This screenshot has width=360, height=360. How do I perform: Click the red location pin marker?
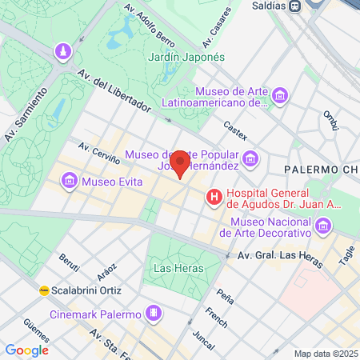click(x=181, y=163)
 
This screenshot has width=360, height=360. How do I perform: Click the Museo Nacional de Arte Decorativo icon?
click(x=322, y=227)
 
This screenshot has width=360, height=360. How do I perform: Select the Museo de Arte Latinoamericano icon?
click(x=279, y=96)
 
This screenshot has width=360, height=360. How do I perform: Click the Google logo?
click(x=26, y=350)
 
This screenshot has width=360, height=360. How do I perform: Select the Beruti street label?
click(x=70, y=264)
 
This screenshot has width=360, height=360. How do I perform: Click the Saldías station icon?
click(x=295, y=6)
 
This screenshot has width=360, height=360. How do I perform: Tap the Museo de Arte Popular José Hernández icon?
click(x=251, y=159)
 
